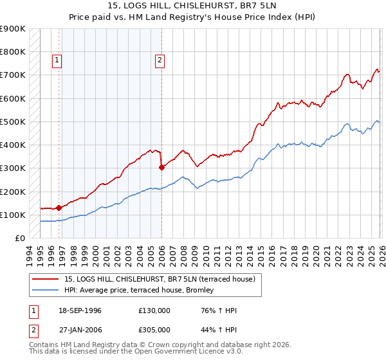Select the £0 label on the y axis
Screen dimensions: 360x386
[20, 239]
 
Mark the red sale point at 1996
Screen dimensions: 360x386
[59, 208]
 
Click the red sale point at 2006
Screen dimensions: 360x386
[161, 167]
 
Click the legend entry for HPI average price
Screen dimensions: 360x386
[142, 290]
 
